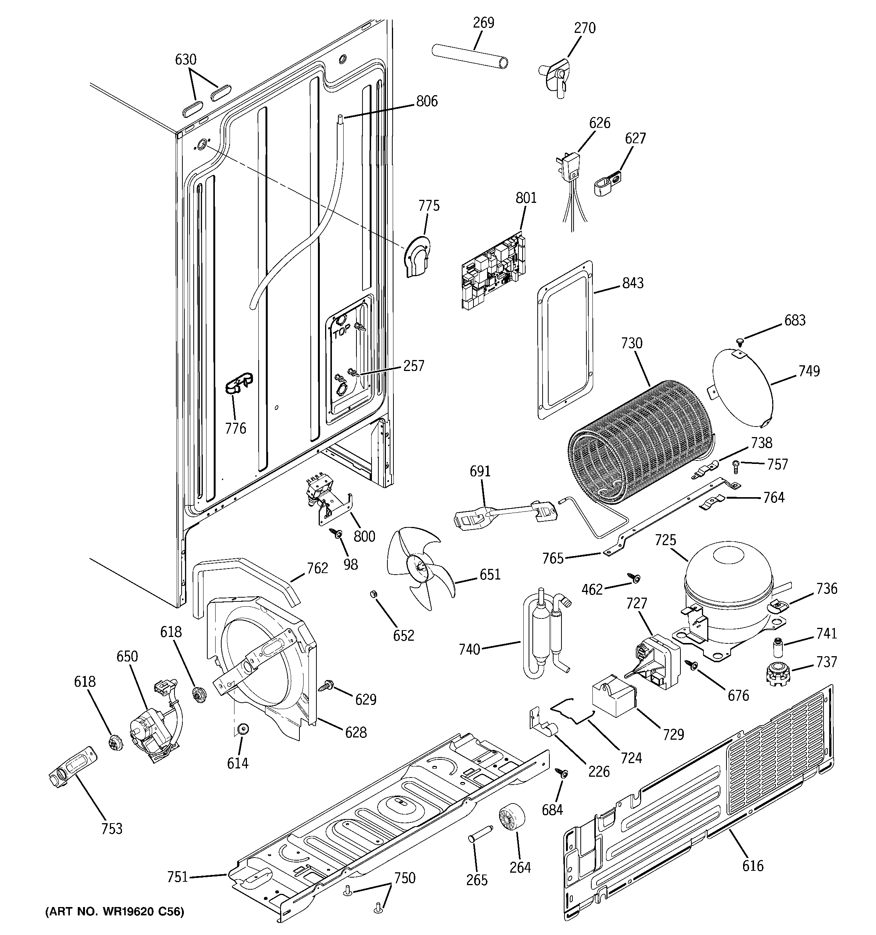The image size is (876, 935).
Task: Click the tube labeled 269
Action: click(x=470, y=56)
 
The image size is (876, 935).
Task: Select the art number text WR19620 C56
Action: click(x=114, y=912)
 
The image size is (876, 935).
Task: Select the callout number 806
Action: click(x=426, y=101)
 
